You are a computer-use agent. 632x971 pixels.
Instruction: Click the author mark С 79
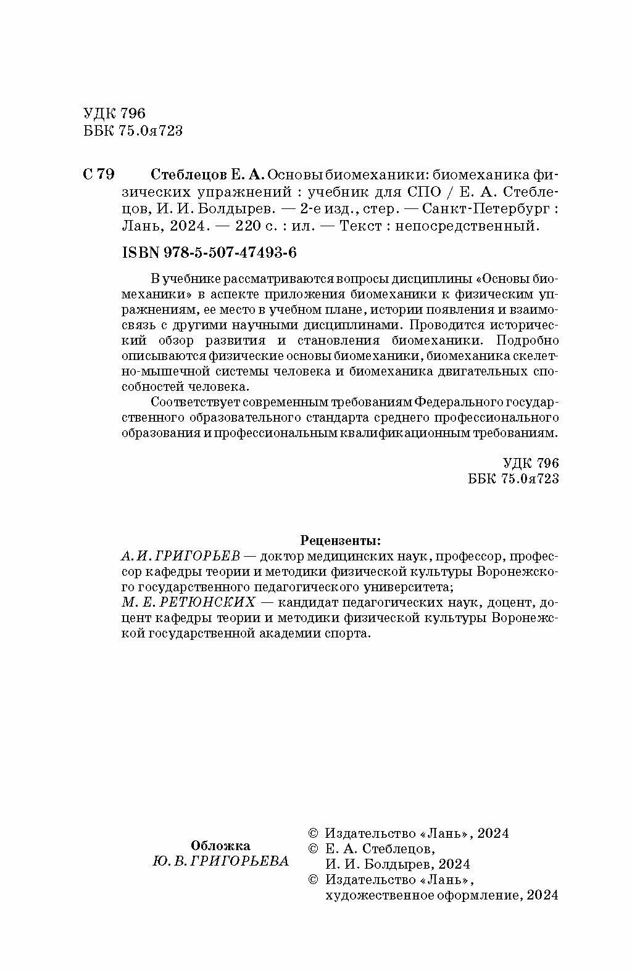[98, 174]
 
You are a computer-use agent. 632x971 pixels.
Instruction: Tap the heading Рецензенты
[341, 541]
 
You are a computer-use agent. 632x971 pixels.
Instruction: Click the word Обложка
[220, 845]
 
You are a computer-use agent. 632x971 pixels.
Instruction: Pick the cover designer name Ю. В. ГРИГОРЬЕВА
[220, 861]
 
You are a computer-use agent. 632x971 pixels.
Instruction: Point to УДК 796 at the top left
[113, 113]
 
